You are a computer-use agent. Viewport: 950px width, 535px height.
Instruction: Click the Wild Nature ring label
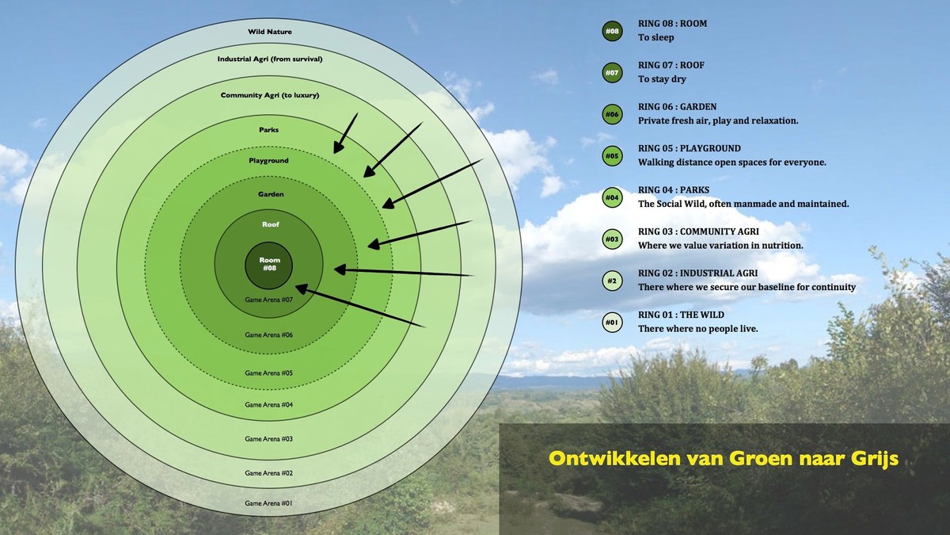(270, 32)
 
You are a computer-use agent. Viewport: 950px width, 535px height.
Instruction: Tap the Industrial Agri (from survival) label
(270, 59)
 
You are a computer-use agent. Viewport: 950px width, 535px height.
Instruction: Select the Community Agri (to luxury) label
(270, 95)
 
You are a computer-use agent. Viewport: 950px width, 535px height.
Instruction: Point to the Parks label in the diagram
(269, 130)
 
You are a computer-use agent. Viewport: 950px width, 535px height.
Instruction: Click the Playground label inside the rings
(268, 160)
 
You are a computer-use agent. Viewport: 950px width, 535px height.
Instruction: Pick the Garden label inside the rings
(271, 194)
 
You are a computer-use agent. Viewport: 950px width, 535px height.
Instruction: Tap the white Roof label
(271, 224)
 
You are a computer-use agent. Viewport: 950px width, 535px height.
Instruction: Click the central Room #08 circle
(269, 266)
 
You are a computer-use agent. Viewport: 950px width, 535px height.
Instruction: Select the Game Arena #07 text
(269, 300)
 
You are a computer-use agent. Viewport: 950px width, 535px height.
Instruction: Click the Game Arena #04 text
(269, 405)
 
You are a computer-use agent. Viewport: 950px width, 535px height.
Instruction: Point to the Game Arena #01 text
(269, 503)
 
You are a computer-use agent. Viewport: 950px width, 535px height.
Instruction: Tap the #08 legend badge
(613, 31)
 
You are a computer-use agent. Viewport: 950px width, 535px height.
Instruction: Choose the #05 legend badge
(613, 156)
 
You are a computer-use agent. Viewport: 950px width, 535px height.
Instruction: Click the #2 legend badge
(613, 281)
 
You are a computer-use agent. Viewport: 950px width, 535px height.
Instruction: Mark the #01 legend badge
(613, 323)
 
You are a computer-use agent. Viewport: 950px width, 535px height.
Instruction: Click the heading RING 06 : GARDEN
(678, 106)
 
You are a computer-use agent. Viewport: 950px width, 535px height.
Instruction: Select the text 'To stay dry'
(662, 79)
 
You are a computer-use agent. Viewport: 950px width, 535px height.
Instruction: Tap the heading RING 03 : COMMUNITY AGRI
(698, 231)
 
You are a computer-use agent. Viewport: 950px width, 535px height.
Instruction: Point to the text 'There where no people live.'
(698, 329)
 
